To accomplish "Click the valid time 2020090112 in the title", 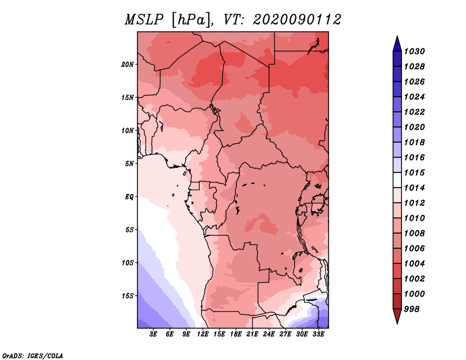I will point(297,20).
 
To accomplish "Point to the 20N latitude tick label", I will point(128,64).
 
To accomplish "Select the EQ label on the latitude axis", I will point(129,197).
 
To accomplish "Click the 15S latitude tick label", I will point(128,296).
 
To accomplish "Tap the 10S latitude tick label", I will point(128,263).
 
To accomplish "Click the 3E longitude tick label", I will point(154,335).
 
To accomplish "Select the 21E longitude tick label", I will point(252,335).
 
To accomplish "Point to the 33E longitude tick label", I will point(318,335).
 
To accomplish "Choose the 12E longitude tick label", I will point(203,335).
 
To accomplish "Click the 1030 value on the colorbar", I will point(416,51).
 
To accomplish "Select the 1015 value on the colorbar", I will point(416,172).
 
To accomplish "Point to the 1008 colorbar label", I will point(416,233).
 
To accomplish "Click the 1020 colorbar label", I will point(416,127).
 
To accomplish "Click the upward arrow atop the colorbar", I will point(397,42).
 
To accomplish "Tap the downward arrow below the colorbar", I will point(397,318).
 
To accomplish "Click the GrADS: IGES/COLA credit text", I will point(33,355).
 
